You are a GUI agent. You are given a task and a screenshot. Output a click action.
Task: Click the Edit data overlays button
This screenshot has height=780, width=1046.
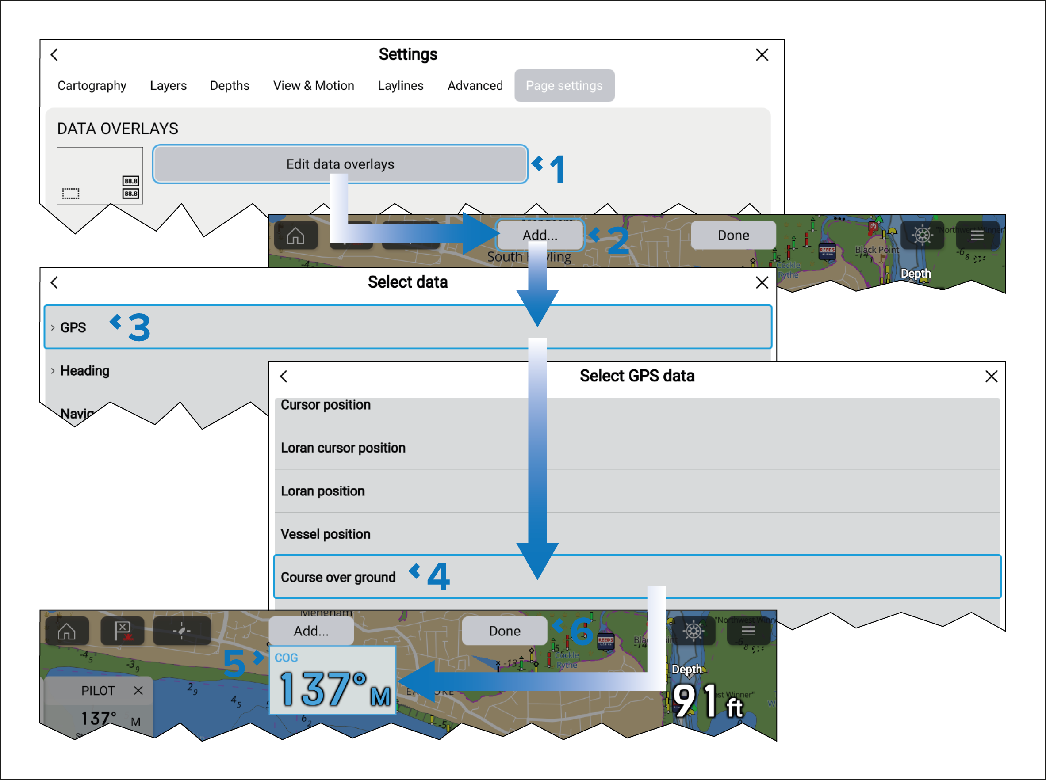click(340, 164)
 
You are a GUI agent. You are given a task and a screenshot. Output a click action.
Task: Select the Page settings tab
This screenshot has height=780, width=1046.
click(564, 85)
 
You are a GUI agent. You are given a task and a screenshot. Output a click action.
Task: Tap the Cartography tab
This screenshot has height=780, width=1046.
click(92, 85)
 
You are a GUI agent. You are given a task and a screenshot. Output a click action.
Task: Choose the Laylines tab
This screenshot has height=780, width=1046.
click(400, 85)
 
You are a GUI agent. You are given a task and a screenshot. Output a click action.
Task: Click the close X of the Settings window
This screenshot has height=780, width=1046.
click(762, 55)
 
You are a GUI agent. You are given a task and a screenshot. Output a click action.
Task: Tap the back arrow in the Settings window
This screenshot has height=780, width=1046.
click(54, 55)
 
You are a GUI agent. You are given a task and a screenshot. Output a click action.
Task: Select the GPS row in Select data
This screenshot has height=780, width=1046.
click(73, 327)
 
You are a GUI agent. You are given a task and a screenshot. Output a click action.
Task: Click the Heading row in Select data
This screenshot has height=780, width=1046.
click(85, 371)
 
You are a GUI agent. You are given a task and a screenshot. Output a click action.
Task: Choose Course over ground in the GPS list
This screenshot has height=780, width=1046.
click(338, 577)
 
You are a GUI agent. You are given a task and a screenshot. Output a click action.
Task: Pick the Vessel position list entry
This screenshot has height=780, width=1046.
click(325, 534)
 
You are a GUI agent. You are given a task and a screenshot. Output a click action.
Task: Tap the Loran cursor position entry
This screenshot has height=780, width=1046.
click(343, 448)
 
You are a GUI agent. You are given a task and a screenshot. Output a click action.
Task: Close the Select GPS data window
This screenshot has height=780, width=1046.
click(991, 377)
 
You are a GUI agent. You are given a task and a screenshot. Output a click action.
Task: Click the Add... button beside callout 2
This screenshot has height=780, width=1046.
click(540, 235)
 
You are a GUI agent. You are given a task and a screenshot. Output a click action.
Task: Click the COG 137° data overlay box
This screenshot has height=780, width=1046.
click(333, 680)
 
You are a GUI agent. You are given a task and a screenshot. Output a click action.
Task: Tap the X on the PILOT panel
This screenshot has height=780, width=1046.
click(138, 690)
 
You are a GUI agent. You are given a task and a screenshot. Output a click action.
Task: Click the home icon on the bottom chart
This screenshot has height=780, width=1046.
click(67, 631)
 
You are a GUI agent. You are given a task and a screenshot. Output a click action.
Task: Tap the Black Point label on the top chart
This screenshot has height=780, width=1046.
click(877, 249)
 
